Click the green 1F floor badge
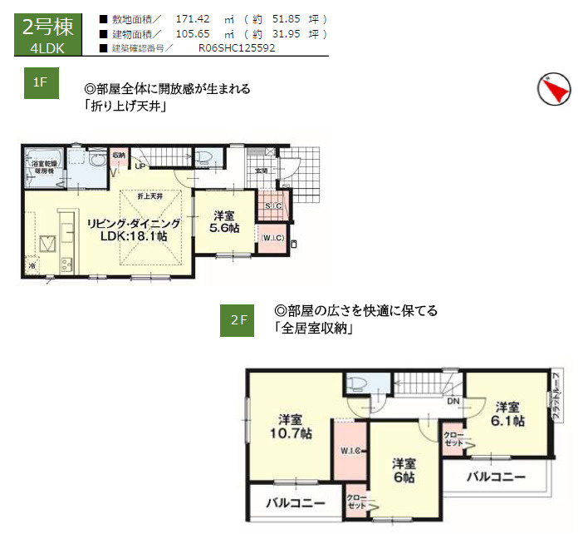point(39,82)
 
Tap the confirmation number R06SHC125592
point(237,48)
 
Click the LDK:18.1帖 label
point(134,237)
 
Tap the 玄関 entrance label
point(262,171)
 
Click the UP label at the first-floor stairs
point(140,166)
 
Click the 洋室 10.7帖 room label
point(290,426)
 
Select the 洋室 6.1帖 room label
point(507,414)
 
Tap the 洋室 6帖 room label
point(404,470)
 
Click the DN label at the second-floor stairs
point(453,401)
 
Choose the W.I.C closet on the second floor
point(350,451)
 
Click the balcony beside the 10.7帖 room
point(295,503)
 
